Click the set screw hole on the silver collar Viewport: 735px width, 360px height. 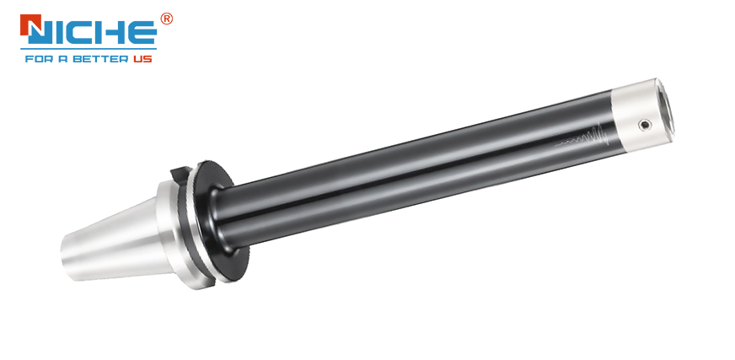click(645, 125)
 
